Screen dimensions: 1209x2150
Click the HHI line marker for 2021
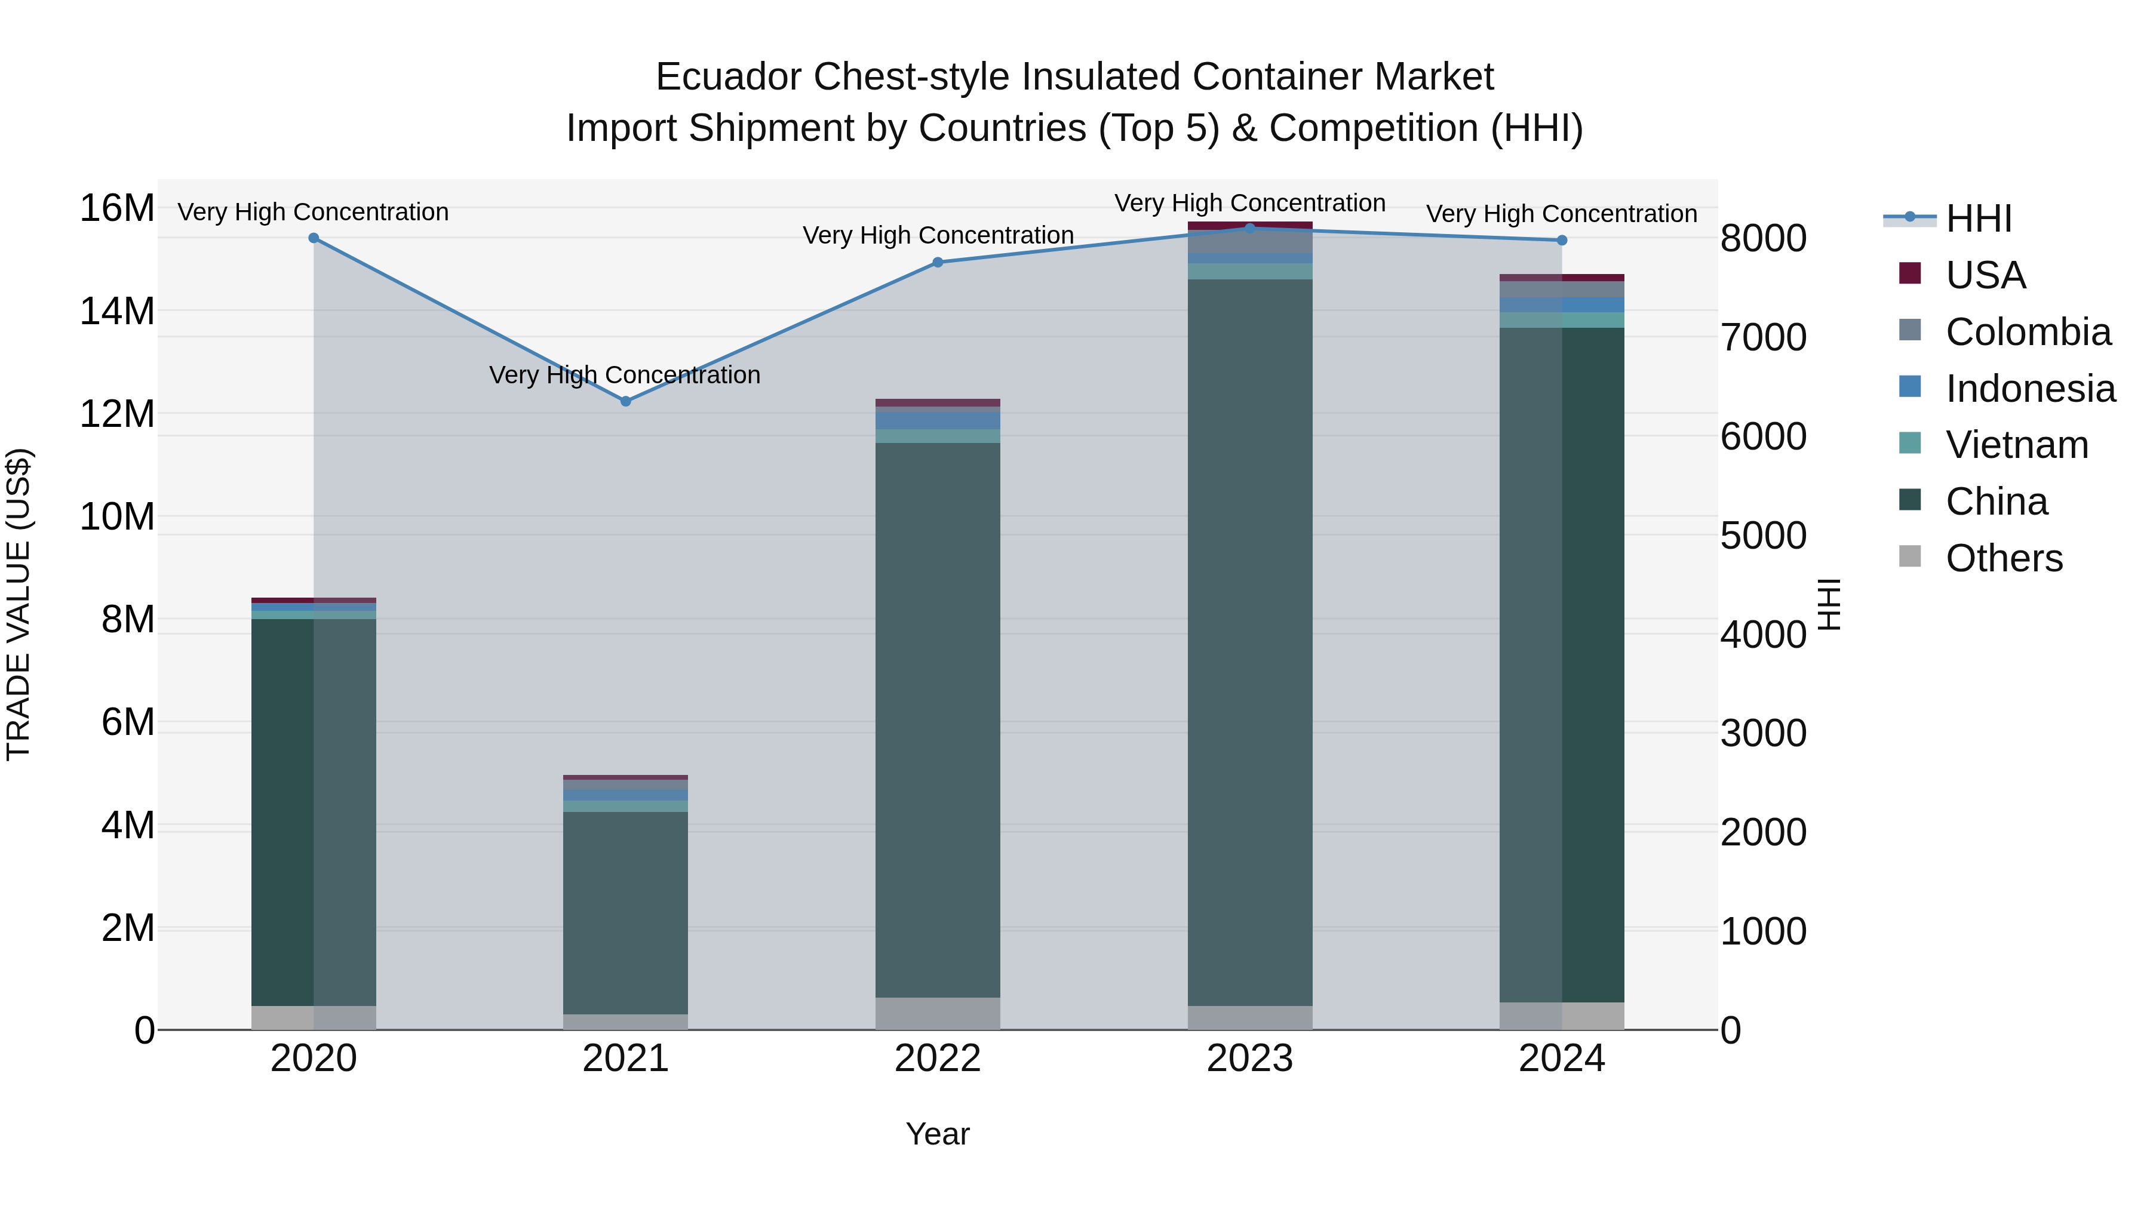tap(626, 401)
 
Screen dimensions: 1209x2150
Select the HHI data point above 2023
tap(1249, 228)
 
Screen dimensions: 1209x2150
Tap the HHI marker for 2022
tap(937, 262)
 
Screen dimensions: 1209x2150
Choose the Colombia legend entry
tap(2028, 332)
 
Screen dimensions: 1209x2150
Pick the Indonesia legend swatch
tap(1910, 387)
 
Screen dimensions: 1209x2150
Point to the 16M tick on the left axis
tap(117, 208)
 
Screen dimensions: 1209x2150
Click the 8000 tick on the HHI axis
tap(1763, 239)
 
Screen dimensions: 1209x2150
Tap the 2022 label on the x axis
tap(937, 1059)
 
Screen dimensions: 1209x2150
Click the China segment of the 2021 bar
tap(626, 913)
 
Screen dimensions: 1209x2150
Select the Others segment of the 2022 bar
tap(937, 1013)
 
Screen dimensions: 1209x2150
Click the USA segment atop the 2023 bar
tap(1249, 224)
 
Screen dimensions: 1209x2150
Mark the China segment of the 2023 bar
tap(1249, 642)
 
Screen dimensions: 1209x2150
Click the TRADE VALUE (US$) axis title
tap(19, 604)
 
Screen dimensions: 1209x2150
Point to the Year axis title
tap(937, 1134)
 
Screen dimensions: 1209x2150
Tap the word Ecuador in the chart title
tap(729, 77)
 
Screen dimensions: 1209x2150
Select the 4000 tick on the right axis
tap(1763, 635)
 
